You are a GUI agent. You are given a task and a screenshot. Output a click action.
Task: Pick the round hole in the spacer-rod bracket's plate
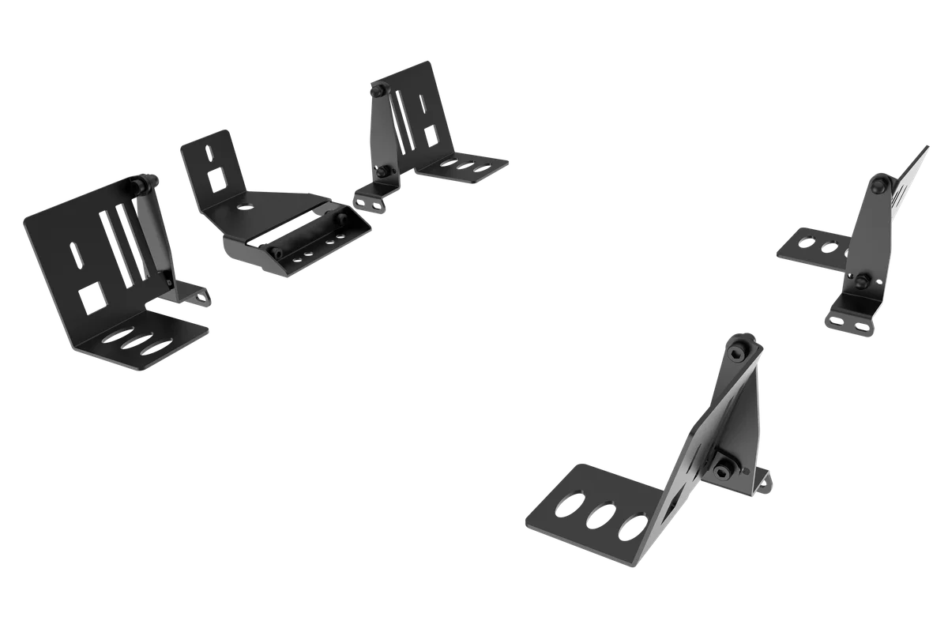244,208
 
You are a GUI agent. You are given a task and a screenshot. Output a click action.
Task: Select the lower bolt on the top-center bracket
383,171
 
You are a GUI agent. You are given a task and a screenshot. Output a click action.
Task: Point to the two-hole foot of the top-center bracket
368,204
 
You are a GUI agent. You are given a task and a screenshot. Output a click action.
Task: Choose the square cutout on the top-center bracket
433,134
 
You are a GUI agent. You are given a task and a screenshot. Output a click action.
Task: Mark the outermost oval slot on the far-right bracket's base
806,240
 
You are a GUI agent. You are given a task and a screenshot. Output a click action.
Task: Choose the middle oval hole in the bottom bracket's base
600,514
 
